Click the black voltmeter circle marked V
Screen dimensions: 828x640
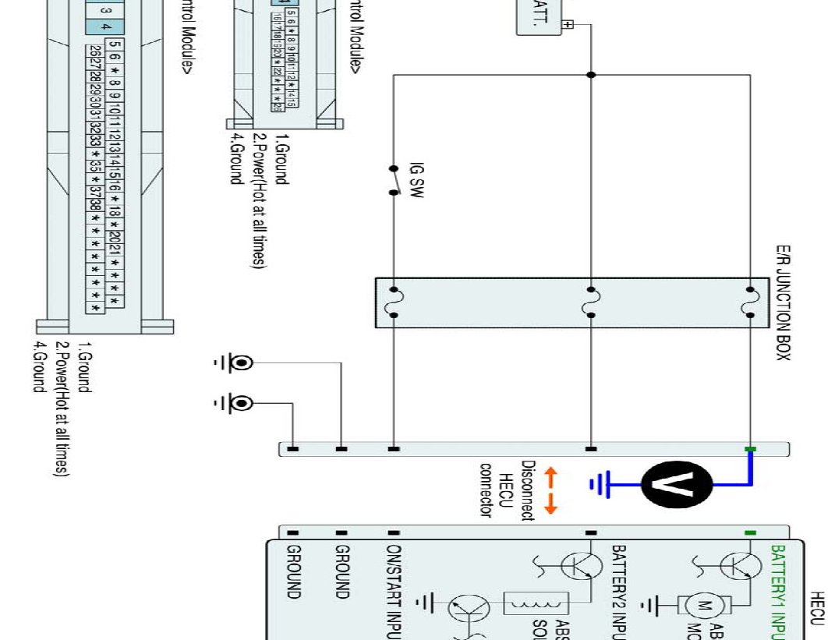(677, 484)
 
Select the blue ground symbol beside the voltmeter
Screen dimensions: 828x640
(598, 485)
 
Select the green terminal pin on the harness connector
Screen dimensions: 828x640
(750, 449)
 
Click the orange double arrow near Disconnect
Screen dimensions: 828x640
(550, 490)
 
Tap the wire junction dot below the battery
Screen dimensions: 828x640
(591, 75)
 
